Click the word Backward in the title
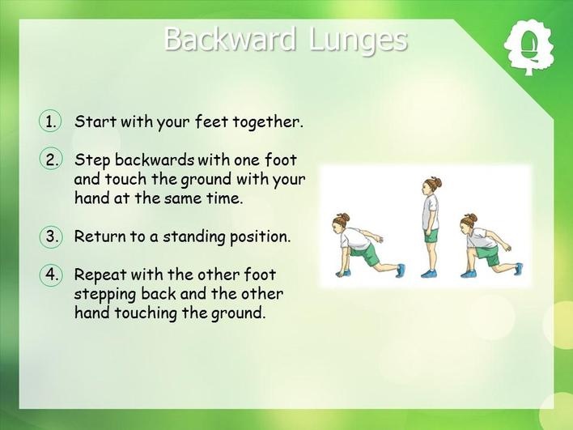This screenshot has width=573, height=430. [x=230, y=39]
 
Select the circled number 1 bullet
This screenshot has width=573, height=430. [x=50, y=121]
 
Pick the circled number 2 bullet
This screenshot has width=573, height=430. [x=50, y=160]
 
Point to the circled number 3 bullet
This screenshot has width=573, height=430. [x=50, y=236]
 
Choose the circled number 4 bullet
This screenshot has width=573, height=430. [x=50, y=275]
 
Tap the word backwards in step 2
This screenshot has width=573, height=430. [x=155, y=160]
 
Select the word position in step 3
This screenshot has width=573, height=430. [x=260, y=237]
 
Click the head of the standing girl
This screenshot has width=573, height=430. [x=431, y=185]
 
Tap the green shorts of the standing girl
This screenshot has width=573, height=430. [x=431, y=236]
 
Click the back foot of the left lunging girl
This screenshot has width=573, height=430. [x=401, y=270]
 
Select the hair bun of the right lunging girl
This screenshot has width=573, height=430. [x=472, y=218]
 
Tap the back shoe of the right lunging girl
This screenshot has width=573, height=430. [x=518, y=268]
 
